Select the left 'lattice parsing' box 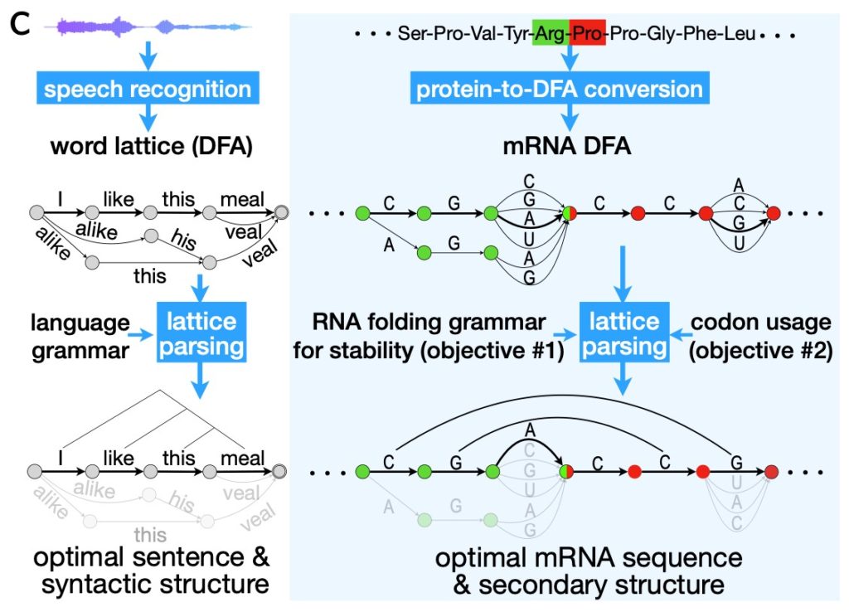[199, 334]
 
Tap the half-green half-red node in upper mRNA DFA [569, 214]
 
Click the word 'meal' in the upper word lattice [241, 199]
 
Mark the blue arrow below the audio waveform [147, 56]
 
